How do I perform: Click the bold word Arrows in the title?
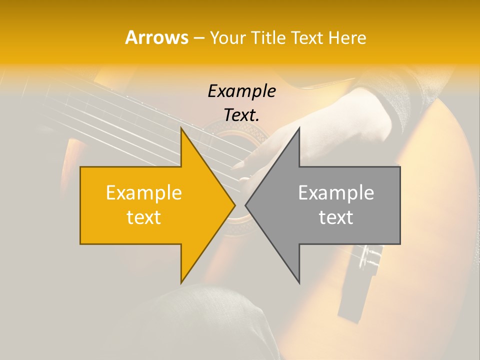point(156,38)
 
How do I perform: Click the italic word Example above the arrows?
point(241,91)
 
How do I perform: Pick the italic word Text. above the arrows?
point(241,115)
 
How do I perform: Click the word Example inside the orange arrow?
point(143,192)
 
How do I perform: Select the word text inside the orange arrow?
point(143,217)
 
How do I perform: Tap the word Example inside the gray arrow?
point(336,192)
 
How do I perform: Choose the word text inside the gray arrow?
point(336,217)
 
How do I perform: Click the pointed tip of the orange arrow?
point(234,205)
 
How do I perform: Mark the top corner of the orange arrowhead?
point(181,128)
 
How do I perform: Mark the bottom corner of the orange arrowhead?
point(181,282)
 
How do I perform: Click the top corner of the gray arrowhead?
point(299,128)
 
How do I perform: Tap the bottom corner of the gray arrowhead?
point(299,282)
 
